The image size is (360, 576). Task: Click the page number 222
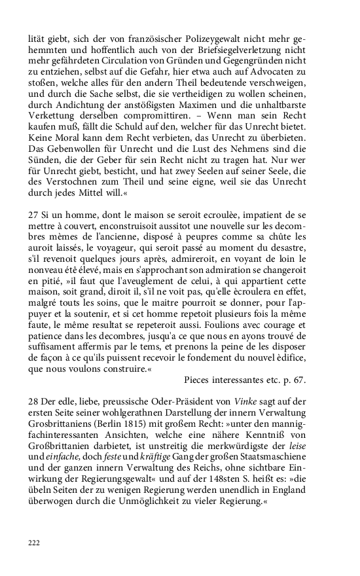click(x=34, y=543)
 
